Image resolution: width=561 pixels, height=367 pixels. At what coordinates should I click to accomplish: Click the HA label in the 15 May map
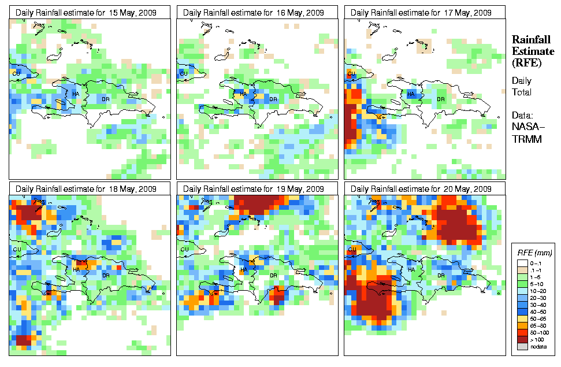coord(76,94)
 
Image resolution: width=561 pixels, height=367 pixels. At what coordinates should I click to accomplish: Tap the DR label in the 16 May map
coord(273,99)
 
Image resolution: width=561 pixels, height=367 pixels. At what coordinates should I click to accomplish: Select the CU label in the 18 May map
coord(16,249)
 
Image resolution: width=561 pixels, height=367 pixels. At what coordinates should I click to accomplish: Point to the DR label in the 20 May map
coord(441,275)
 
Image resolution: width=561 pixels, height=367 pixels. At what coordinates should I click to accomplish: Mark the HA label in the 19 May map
coord(243,270)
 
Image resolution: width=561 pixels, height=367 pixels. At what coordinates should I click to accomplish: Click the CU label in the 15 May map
coord(16,73)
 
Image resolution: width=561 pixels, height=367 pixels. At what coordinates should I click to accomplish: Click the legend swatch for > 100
coord(523,339)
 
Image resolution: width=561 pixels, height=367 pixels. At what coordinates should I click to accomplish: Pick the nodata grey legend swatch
coord(523,346)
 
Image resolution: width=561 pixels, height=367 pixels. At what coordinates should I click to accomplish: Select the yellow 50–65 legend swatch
coord(523,318)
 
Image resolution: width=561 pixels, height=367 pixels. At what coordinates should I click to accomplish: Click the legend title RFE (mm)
coord(535,253)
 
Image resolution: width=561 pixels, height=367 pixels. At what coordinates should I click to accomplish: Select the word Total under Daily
coord(522,92)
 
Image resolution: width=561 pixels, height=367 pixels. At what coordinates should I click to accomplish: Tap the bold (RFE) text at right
coord(526,62)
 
